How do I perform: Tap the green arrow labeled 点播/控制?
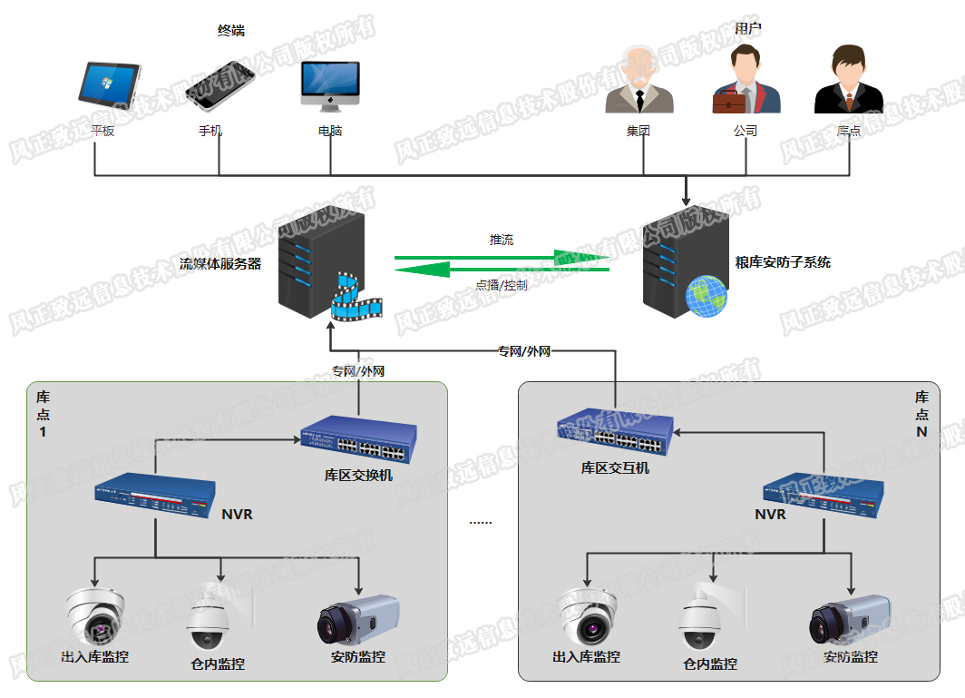[502, 270]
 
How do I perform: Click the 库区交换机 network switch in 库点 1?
[358, 440]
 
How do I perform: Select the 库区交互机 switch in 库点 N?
[616, 435]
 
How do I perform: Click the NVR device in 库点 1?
[155, 497]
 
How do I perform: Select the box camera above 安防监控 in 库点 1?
[358, 619]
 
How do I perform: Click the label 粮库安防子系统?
[783, 263]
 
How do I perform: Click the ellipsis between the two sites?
[481, 522]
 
